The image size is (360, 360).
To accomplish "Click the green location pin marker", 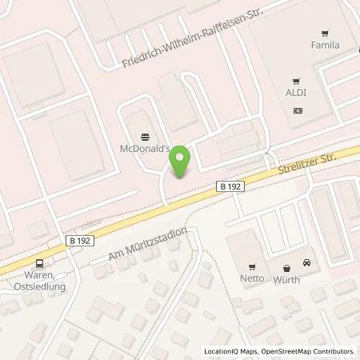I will coord(181,162).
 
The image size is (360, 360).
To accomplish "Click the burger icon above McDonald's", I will coord(144,136).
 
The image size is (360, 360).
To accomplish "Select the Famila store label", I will coord(325,46).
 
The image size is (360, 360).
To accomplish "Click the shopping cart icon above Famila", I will coord(325,34).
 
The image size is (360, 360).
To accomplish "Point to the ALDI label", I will coord(298,93).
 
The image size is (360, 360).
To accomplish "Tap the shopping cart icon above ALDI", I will coord(298,81).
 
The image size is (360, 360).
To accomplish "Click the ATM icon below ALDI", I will coord(298,109).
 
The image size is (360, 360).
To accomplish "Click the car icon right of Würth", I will coord(306,263).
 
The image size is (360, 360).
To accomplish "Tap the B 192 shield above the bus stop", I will coord(78,238).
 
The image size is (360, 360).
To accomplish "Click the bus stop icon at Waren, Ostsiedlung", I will coord(38,264).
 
